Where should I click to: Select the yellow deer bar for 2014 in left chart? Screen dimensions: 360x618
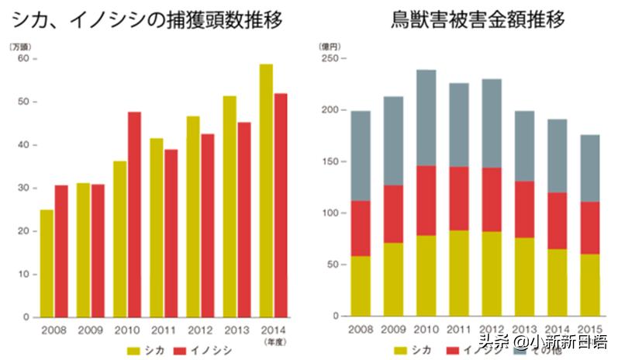pyautogui.click(x=266, y=190)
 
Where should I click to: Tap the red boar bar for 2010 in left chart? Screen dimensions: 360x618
pyautogui.click(x=134, y=215)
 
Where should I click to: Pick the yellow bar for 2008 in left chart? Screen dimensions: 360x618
pyautogui.click(x=47, y=263)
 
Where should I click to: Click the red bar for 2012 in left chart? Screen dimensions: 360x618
pyautogui.click(x=207, y=226)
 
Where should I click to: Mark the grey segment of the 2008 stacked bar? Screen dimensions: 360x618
pyautogui.click(x=361, y=156)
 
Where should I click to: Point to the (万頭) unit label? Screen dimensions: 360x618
pyautogui.click(x=20, y=47)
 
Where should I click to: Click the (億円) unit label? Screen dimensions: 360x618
pyautogui.click(x=330, y=47)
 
